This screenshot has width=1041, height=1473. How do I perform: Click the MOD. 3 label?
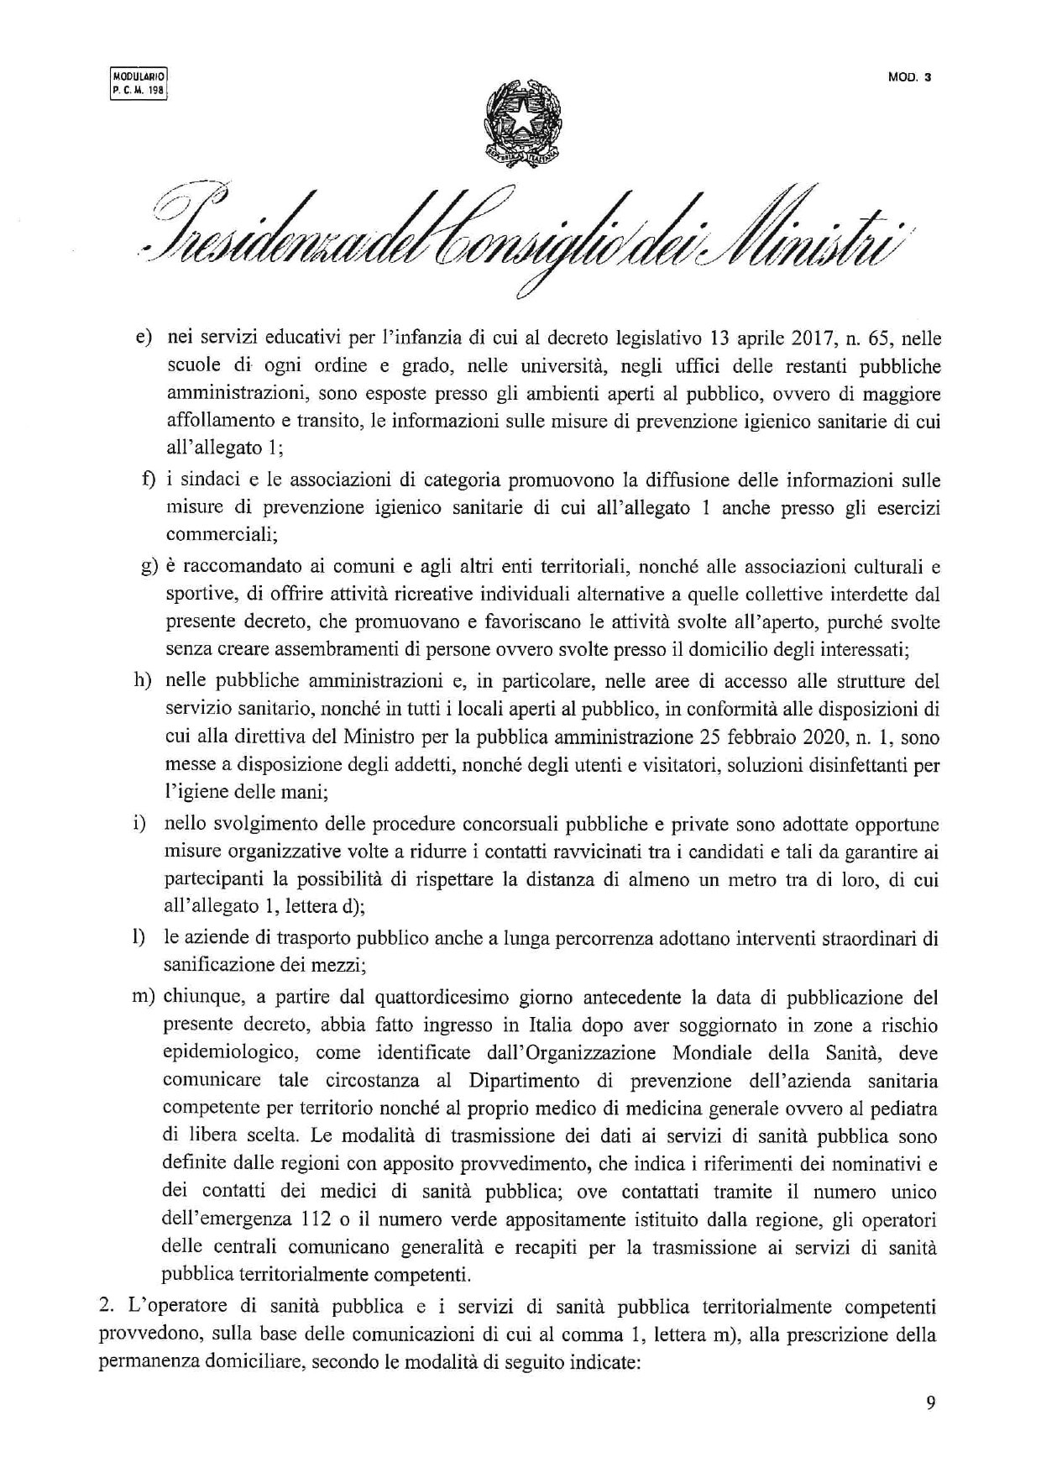coord(910,78)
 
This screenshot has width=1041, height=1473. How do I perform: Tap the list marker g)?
coord(149,567)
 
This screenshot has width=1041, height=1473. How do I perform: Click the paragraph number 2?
coord(105,1306)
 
